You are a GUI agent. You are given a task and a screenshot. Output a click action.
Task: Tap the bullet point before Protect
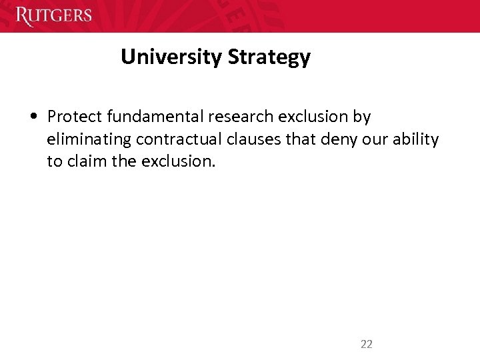(33, 117)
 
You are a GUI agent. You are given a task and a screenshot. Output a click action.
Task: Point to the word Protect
(75, 117)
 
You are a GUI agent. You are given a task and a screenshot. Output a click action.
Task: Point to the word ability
(417, 140)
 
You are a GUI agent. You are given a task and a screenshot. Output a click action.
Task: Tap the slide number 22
(366, 344)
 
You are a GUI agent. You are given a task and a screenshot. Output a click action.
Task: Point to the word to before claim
(54, 161)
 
